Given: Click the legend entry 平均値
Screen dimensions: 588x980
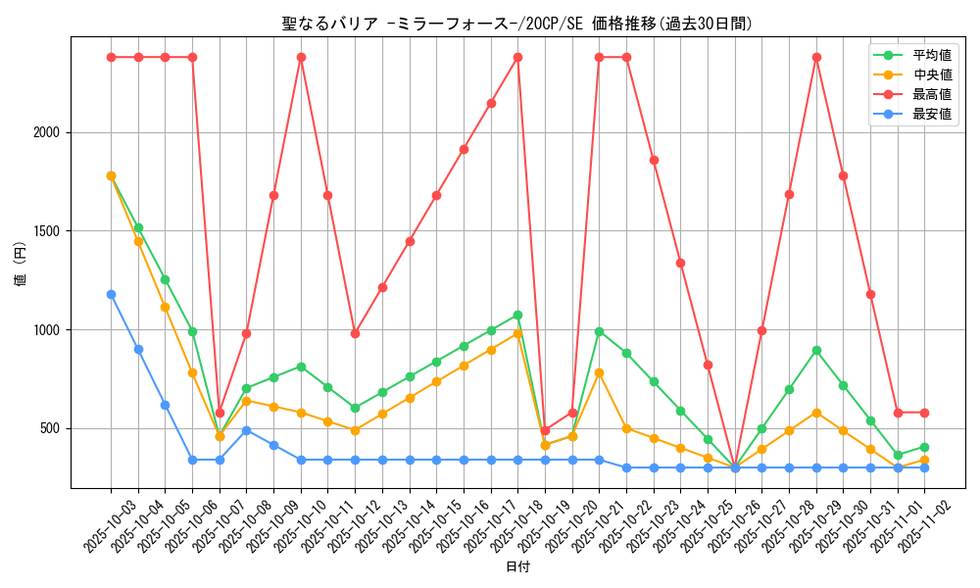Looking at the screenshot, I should [931, 55].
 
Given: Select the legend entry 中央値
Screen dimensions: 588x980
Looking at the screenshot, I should [931, 74].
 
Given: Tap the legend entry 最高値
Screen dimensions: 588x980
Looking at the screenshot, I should [931, 94].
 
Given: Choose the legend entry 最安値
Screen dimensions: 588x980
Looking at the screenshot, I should [931, 114].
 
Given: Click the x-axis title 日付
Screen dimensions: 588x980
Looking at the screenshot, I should [516, 567].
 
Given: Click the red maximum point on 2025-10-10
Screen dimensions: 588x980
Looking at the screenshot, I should [301, 57].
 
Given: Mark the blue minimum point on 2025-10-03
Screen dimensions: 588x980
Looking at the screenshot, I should [111, 294].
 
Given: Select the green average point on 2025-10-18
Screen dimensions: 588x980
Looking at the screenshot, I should [517, 315].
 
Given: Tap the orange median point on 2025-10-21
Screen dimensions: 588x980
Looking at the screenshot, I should [599, 372].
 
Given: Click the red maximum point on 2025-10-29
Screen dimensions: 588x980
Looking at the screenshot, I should [816, 57].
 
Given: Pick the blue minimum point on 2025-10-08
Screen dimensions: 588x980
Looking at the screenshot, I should [246, 430].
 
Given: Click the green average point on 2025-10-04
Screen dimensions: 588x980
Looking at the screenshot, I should [138, 227].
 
